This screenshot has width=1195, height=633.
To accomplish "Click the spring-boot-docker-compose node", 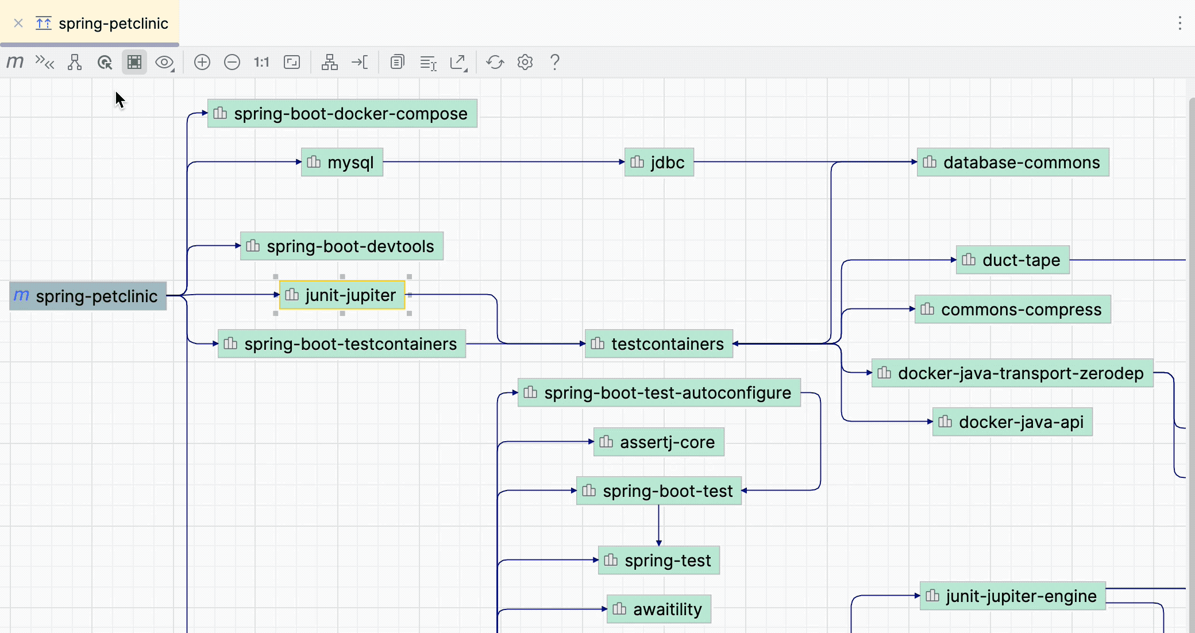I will click(342, 114).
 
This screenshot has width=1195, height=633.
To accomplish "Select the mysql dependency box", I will click(342, 163).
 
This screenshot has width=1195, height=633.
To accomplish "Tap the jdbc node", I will click(659, 163).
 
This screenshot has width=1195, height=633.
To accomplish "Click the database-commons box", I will click(1013, 163).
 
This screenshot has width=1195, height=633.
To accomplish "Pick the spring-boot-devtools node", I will click(342, 246).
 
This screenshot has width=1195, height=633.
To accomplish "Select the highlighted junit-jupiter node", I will click(342, 295).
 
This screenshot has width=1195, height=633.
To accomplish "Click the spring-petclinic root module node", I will click(88, 296).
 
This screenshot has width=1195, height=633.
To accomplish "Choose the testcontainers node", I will click(659, 344).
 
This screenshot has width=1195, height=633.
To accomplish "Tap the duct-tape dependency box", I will click(1013, 260).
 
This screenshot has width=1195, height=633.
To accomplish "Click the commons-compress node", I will click(1013, 310).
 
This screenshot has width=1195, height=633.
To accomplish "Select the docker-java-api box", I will click(1013, 422).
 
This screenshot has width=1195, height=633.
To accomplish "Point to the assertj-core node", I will click(659, 442).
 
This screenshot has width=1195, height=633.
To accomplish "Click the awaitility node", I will click(659, 609).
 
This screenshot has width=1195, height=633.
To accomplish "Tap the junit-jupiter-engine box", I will click(1013, 596).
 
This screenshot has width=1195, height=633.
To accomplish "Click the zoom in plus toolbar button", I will click(202, 62).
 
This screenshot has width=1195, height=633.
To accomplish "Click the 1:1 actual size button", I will click(261, 62).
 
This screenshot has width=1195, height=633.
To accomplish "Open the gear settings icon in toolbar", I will click(525, 62).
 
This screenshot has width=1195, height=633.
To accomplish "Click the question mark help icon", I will click(554, 62).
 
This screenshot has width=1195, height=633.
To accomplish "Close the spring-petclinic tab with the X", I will click(18, 24).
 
